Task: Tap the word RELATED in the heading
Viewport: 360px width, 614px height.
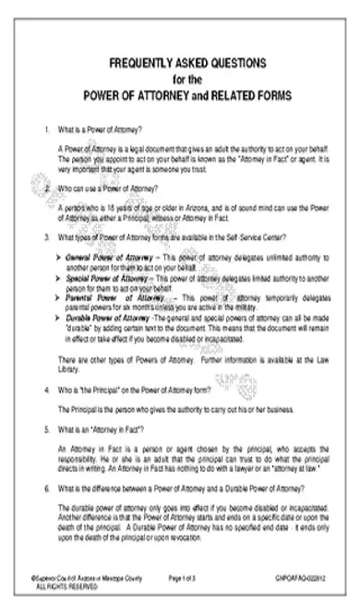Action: [x=233, y=94]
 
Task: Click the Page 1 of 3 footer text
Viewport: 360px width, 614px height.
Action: [x=185, y=575]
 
